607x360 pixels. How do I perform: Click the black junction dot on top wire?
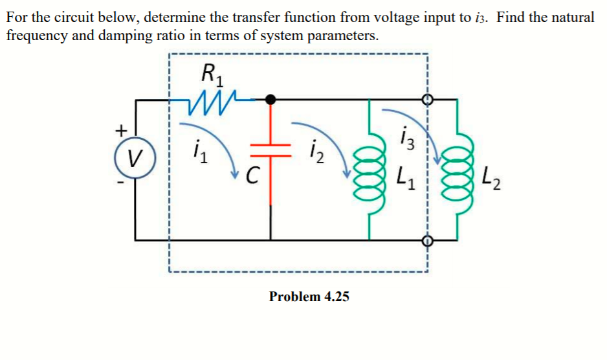(272, 99)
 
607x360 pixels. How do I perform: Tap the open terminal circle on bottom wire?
(426, 240)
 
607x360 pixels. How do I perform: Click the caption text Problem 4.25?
(309, 297)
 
